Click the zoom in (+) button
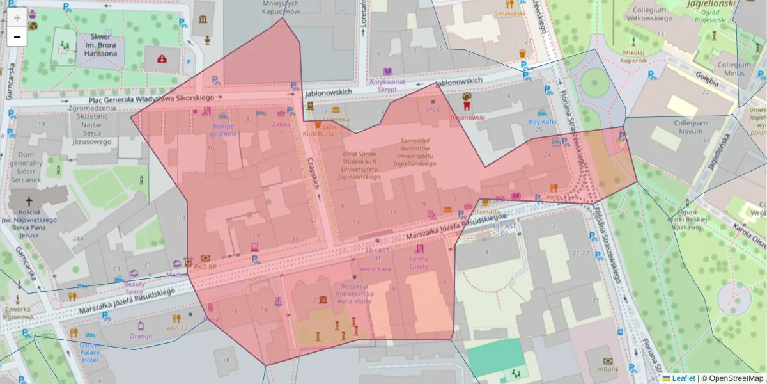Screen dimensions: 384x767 17,17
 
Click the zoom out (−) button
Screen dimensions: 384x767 17,37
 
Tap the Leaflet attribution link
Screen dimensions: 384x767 683,378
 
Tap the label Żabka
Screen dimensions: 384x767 281,125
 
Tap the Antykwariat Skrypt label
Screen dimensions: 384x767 387,85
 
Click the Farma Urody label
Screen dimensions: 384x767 419,262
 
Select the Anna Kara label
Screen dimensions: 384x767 375,269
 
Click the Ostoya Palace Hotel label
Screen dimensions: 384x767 89,352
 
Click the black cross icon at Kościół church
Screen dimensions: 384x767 29,200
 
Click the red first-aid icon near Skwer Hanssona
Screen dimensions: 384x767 162,60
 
